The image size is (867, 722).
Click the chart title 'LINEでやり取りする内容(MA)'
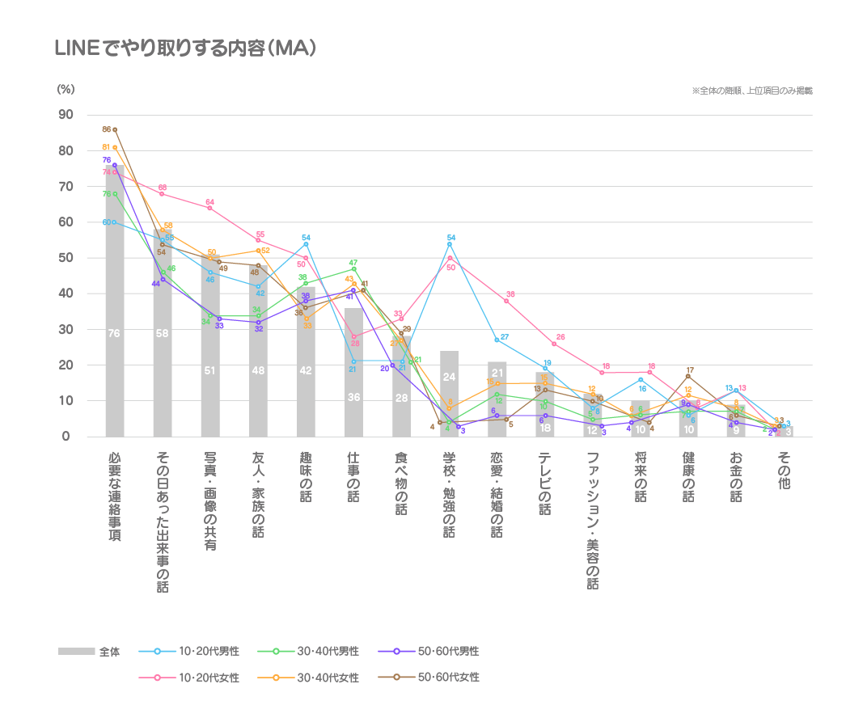(x=184, y=49)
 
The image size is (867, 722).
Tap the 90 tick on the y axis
(x=65, y=115)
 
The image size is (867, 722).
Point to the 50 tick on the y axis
(x=65, y=258)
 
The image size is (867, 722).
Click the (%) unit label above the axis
(x=65, y=90)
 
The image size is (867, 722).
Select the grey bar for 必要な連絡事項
(x=115, y=307)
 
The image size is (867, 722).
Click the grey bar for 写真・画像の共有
(x=210, y=348)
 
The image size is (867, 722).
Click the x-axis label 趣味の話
(x=306, y=477)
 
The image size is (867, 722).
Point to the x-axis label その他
(x=784, y=471)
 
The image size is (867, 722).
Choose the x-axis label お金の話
(x=736, y=477)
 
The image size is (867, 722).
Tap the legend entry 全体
(x=90, y=652)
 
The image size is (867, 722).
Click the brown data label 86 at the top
(x=107, y=129)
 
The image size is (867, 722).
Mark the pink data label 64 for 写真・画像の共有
(x=209, y=202)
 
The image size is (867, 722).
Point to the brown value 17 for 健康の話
(x=690, y=370)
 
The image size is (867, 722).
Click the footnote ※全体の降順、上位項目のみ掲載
(x=752, y=91)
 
